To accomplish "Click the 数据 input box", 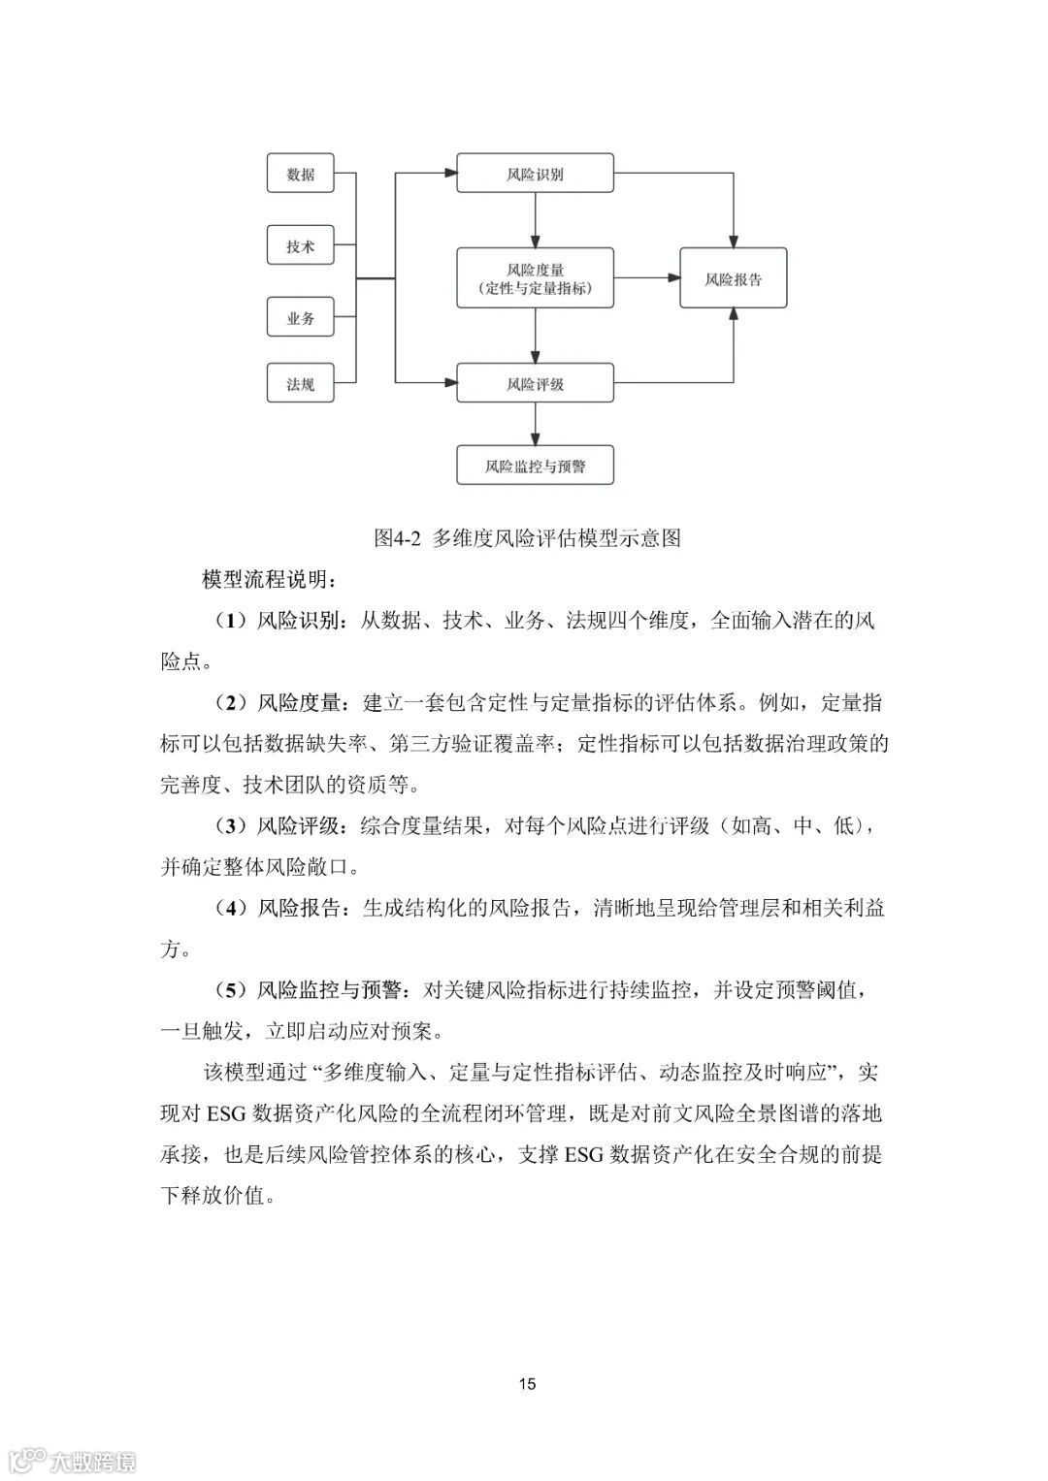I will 300,175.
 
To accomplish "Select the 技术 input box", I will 300,246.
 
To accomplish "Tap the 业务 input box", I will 300,318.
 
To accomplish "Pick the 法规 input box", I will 300,384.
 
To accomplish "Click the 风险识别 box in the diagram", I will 535,175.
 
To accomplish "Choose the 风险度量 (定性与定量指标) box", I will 535,278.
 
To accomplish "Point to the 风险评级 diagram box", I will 535,384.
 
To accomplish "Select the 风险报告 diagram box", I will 733,279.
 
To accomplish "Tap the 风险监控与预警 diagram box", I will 535,467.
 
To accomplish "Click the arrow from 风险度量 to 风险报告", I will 646,278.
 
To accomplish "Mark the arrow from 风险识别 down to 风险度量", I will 535,222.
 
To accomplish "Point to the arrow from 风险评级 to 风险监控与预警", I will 535,425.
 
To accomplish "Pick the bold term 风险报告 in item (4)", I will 298,909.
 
